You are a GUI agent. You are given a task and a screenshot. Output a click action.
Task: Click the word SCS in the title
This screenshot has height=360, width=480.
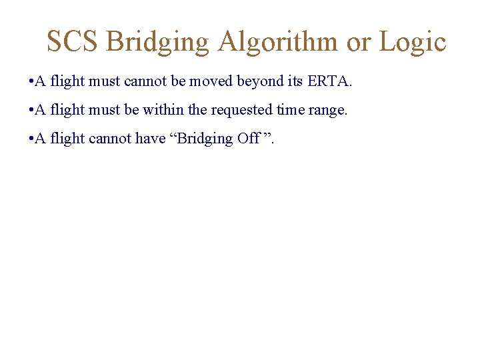click(x=72, y=41)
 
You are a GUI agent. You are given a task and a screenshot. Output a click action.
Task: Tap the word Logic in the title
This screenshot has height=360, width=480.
click(x=413, y=41)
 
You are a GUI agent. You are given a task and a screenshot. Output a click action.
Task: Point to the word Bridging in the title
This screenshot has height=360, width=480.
click(x=157, y=41)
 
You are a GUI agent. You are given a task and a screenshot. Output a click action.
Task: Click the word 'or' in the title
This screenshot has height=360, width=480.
click(x=359, y=41)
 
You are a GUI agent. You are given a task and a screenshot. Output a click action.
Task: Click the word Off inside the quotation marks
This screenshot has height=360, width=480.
click(x=248, y=138)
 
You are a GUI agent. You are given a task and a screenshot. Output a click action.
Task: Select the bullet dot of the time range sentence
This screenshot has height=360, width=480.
click(x=32, y=111)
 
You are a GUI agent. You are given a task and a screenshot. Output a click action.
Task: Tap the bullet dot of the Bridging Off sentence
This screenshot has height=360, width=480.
click(x=32, y=139)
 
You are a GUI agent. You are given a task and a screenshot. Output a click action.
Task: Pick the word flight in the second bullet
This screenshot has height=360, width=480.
click(x=67, y=110)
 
